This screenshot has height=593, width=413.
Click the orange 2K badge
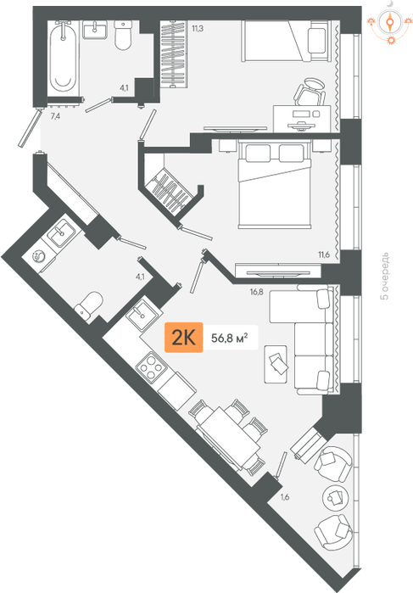[x=183, y=338]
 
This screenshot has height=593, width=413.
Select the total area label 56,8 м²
[x=230, y=338]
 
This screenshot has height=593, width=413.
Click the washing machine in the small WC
[x=39, y=257]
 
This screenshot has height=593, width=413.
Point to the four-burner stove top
[x=151, y=366]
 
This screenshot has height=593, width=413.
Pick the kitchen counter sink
[x=144, y=316]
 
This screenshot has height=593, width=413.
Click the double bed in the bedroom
[x=275, y=184]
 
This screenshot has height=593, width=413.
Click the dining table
[x=228, y=437]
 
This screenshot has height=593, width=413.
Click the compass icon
[x=389, y=22]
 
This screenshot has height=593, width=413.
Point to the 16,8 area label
[x=256, y=292]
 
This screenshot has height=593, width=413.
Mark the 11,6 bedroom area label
[x=324, y=255]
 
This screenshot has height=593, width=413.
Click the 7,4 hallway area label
[x=55, y=116]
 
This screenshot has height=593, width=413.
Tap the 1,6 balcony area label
[x=284, y=497]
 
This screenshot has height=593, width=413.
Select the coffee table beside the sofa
[x=276, y=364]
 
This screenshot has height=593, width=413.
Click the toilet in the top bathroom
[x=123, y=36]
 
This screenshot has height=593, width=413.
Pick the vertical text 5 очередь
[x=384, y=276]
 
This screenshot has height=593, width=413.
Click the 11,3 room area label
[x=198, y=28]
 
